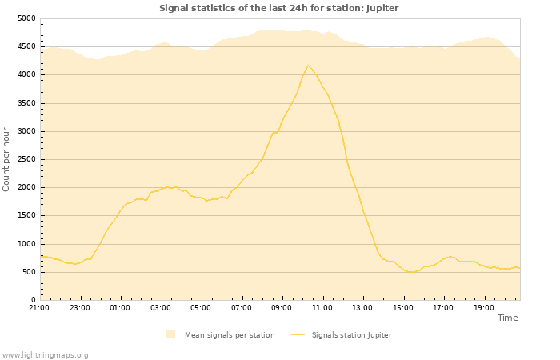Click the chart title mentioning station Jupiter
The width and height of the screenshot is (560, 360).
point(278,8)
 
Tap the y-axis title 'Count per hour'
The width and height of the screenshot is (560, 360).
point(6,158)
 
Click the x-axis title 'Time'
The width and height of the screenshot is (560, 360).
point(507,318)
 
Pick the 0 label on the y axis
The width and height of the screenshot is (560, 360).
point(33,300)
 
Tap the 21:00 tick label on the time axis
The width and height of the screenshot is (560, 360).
point(39,307)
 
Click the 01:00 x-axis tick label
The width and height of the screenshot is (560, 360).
point(120,307)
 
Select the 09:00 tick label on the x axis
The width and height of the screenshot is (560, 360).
point(282,307)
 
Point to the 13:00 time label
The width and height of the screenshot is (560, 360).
point(362,307)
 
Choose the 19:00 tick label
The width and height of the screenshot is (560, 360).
point(483,307)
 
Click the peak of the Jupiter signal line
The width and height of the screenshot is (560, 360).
point(308,66)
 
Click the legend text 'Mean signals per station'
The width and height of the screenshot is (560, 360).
point(230,335)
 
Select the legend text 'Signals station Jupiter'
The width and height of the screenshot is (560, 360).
point(352,335)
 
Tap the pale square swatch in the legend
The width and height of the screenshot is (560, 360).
point(170,334)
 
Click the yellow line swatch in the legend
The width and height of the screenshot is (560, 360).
point(298,334)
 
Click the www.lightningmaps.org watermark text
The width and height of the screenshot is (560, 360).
point(45,354)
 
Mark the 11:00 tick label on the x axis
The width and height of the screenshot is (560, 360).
point(322,307)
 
